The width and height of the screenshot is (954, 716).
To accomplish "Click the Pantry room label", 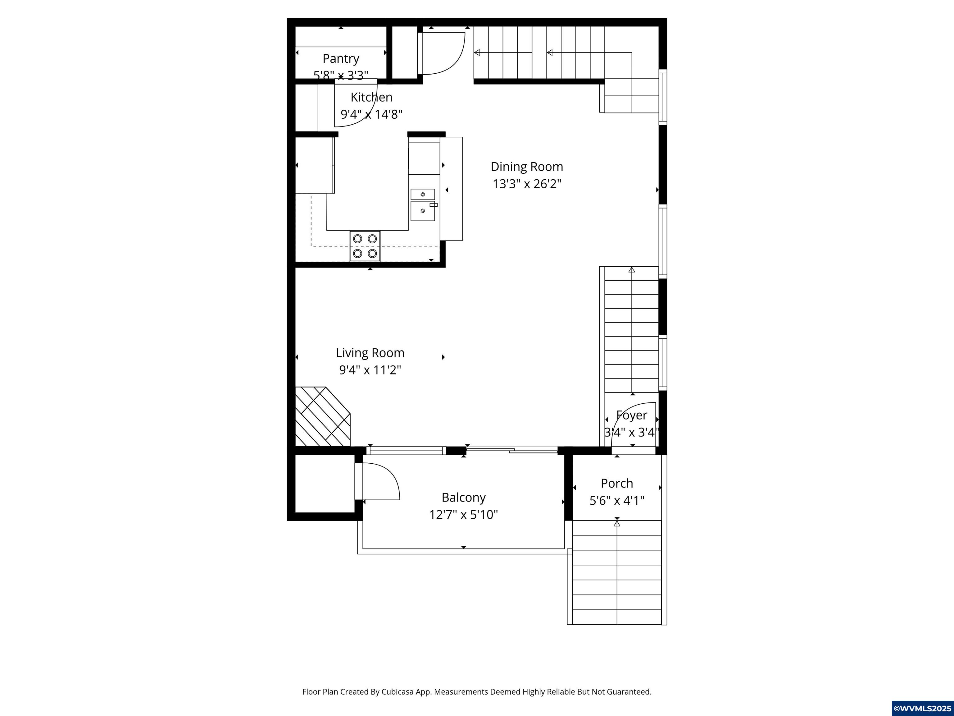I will (341, 58).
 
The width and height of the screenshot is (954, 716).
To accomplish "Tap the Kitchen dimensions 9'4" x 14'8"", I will (371, 114).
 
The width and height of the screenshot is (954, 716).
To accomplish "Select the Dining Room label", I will (527, 167).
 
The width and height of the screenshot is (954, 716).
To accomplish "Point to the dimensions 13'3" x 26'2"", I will (527, 184).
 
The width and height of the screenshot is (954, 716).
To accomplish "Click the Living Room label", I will (370, 353).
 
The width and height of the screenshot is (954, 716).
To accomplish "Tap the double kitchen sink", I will (423, 204).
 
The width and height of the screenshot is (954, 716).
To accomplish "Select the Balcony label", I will (464, 498).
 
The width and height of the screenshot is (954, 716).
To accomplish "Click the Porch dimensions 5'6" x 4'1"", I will (617, 501).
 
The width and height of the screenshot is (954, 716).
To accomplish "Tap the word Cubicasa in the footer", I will (397, 692).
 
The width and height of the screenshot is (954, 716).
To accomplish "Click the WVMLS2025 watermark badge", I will (922, 708).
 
